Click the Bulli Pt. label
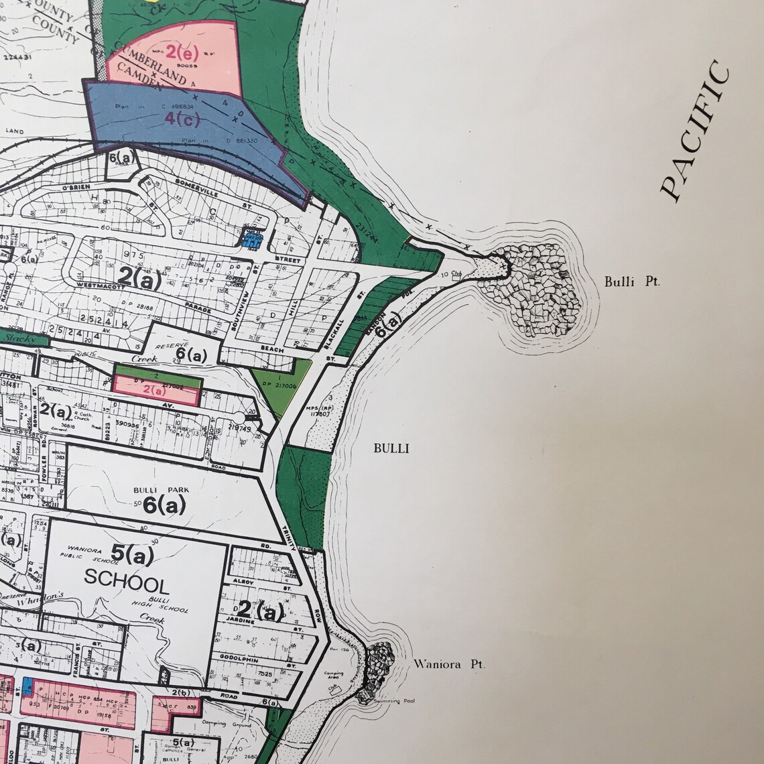click(x=632, y=282)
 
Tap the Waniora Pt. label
click(x=449, y=665)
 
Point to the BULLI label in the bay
click(x=391, y=448)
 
